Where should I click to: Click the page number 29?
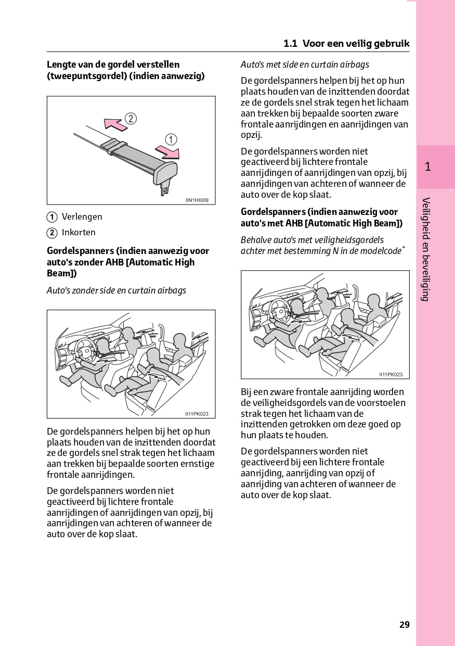[404, 625]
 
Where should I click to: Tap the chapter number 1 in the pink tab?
[427, 167]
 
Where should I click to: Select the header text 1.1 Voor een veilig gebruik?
[346, 44]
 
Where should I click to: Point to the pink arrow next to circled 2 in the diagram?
[115, 123]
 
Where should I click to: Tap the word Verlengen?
[82, 217]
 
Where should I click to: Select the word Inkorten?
[79, 232]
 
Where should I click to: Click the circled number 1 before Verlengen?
[52, 217]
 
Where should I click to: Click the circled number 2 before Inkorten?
[52, 233]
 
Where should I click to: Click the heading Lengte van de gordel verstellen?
[113, 65]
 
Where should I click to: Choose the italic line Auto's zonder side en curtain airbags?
[116, 290]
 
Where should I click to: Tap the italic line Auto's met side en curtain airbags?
[305, 65]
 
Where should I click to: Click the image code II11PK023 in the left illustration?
[197, 414]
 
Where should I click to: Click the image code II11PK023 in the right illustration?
[391, 374]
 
